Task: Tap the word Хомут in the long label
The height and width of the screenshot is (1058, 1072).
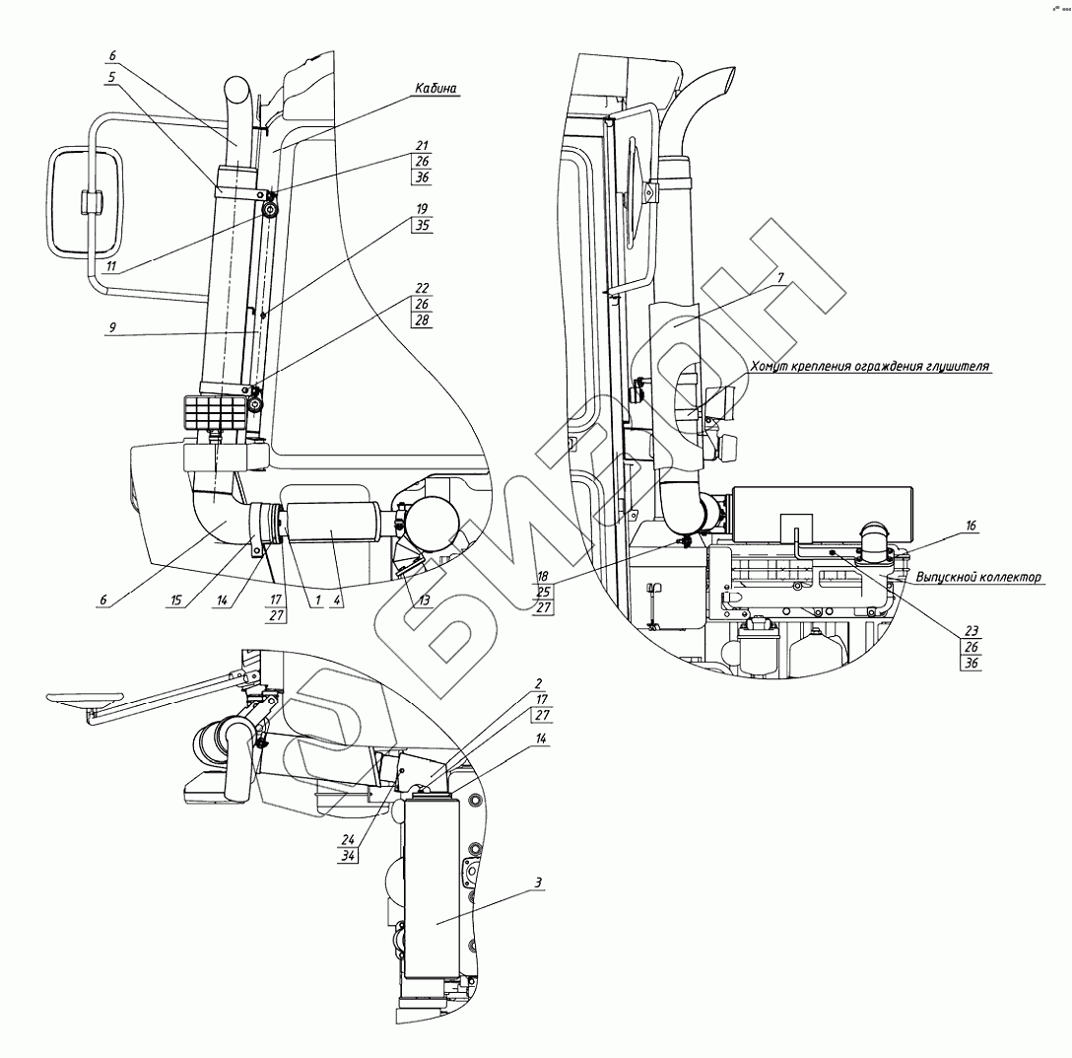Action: tap(774, 365)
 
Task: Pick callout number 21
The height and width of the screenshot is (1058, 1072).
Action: tap(422, 145)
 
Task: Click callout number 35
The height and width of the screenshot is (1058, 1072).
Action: tap(422, 224)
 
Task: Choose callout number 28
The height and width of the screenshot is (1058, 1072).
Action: tap(422, 320)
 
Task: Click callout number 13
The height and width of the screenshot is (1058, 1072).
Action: tap(424, 600)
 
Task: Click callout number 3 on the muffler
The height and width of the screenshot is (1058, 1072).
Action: tap(537, 881)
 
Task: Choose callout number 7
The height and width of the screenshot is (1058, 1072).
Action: tap(779, 279)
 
